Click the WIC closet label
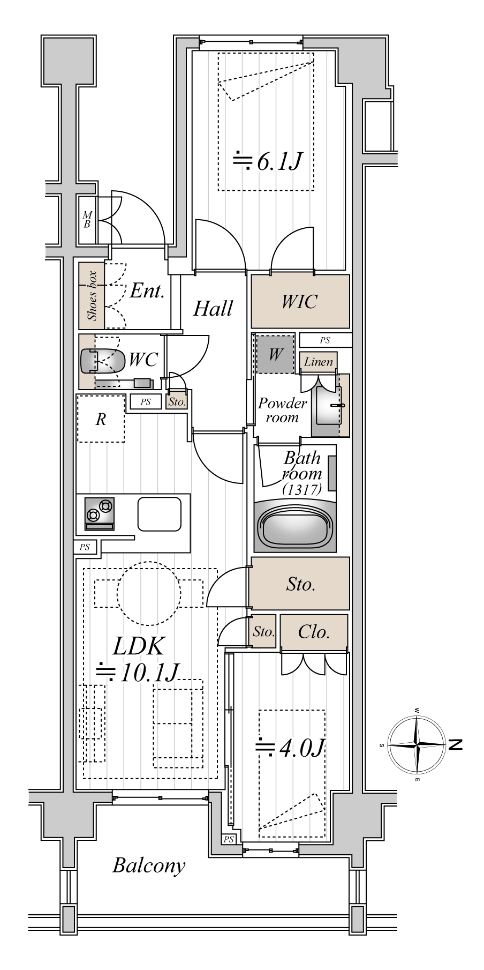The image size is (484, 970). click(x=299, y=302)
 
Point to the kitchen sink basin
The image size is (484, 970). click(x=160, y=513)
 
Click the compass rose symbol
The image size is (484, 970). click(x=417, y=745)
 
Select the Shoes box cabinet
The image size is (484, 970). click(x=92, y=295)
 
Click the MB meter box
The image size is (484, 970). click(x=87, y=220)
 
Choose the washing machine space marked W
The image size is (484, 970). click(x=275, y=354)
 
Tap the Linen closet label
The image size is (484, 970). click(x=318, y=362)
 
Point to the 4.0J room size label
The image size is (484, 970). click(x=290, y=748)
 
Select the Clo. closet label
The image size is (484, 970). click(x=313, y=632)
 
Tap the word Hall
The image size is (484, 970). click(x=213, y=308)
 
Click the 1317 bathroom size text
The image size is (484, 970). click(x=303, y=489)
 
